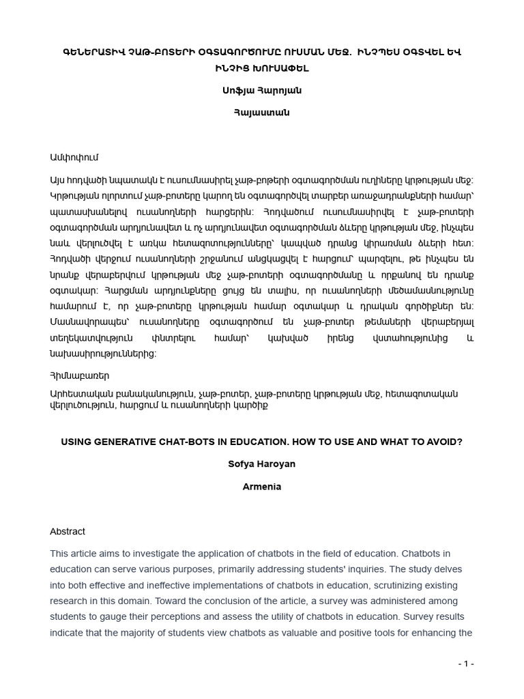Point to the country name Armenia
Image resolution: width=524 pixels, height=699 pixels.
pos(262,487)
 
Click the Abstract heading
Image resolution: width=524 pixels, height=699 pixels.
pos(68,531)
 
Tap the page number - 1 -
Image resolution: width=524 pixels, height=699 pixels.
pos(466,664)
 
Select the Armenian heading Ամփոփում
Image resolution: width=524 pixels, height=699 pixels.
pos(74,158)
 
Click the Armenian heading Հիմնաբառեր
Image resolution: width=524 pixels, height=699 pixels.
pos(79,375)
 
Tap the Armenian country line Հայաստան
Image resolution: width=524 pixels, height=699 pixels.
pos(262,113)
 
